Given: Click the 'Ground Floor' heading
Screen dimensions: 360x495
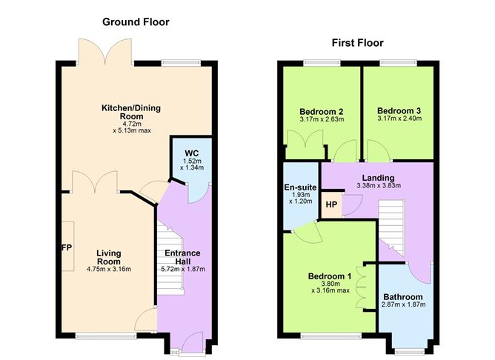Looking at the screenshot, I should tap(136, 22).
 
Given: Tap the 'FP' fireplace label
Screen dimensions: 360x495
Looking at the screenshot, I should tap(65, 247).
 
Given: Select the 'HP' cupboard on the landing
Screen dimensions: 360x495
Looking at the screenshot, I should tap(331, 205).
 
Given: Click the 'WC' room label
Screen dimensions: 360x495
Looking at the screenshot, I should tap(192, 154).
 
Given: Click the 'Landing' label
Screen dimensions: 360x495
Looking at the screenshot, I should tap(378, 177).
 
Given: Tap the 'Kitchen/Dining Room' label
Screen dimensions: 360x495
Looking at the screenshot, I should tap(130, 113).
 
